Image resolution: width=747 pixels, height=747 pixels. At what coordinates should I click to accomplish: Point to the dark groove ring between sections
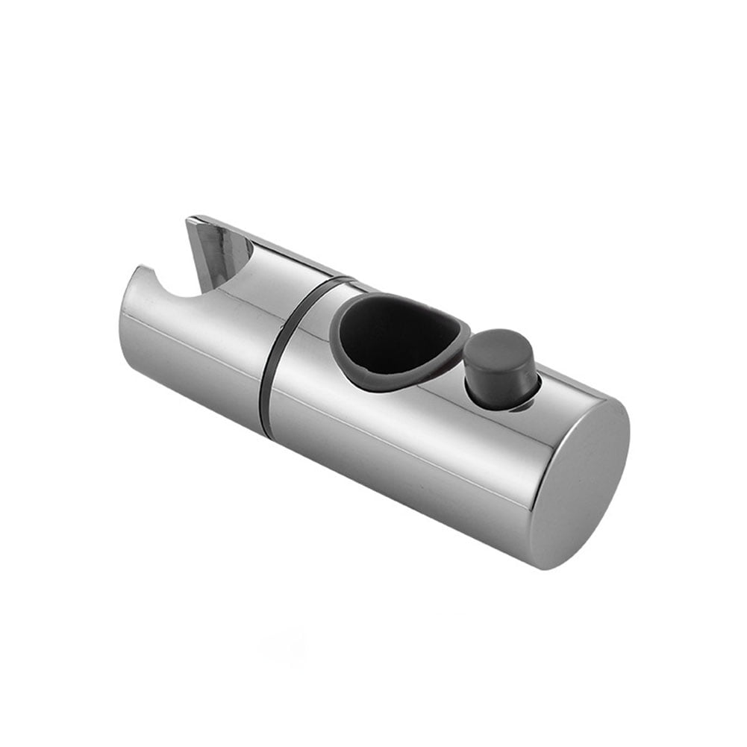point(269,358)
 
